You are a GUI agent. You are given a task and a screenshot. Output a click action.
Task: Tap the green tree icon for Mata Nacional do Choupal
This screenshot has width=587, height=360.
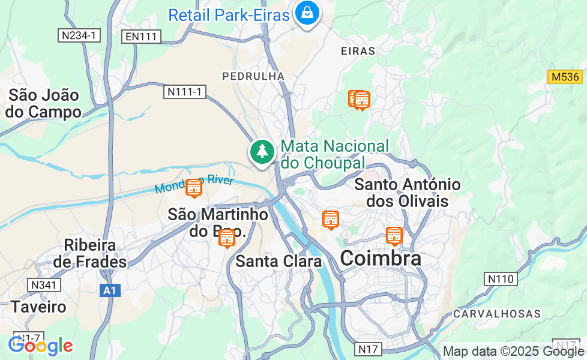262,151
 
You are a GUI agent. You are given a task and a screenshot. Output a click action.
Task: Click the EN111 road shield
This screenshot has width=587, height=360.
142,37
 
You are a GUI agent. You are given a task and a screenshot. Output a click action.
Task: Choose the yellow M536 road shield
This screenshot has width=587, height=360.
565,77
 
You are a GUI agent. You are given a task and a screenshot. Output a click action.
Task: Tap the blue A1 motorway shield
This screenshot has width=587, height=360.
109,290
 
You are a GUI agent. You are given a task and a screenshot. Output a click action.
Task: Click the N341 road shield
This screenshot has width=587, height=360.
43,284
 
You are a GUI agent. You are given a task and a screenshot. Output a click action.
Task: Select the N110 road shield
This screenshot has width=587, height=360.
500,278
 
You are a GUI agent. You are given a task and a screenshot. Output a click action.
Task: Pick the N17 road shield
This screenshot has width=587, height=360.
369,348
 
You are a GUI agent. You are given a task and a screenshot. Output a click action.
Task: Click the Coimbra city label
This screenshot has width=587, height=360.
381,259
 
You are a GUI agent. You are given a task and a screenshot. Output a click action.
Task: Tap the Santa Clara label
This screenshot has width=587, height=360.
278,261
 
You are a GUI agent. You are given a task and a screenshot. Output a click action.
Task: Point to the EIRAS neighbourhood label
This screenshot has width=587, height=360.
358,51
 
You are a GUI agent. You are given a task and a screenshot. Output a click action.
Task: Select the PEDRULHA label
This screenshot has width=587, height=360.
253,76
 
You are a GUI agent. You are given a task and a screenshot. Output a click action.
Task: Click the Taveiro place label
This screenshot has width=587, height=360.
38,307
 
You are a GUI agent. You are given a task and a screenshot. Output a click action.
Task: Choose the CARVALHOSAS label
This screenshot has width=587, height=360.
497,314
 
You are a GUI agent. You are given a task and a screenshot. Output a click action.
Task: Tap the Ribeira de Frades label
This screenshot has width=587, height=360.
89,254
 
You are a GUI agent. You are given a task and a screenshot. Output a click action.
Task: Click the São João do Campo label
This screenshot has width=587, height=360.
44,103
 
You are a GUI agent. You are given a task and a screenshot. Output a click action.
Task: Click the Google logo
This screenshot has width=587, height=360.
40,346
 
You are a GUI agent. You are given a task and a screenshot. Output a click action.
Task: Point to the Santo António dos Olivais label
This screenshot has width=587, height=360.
408,193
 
